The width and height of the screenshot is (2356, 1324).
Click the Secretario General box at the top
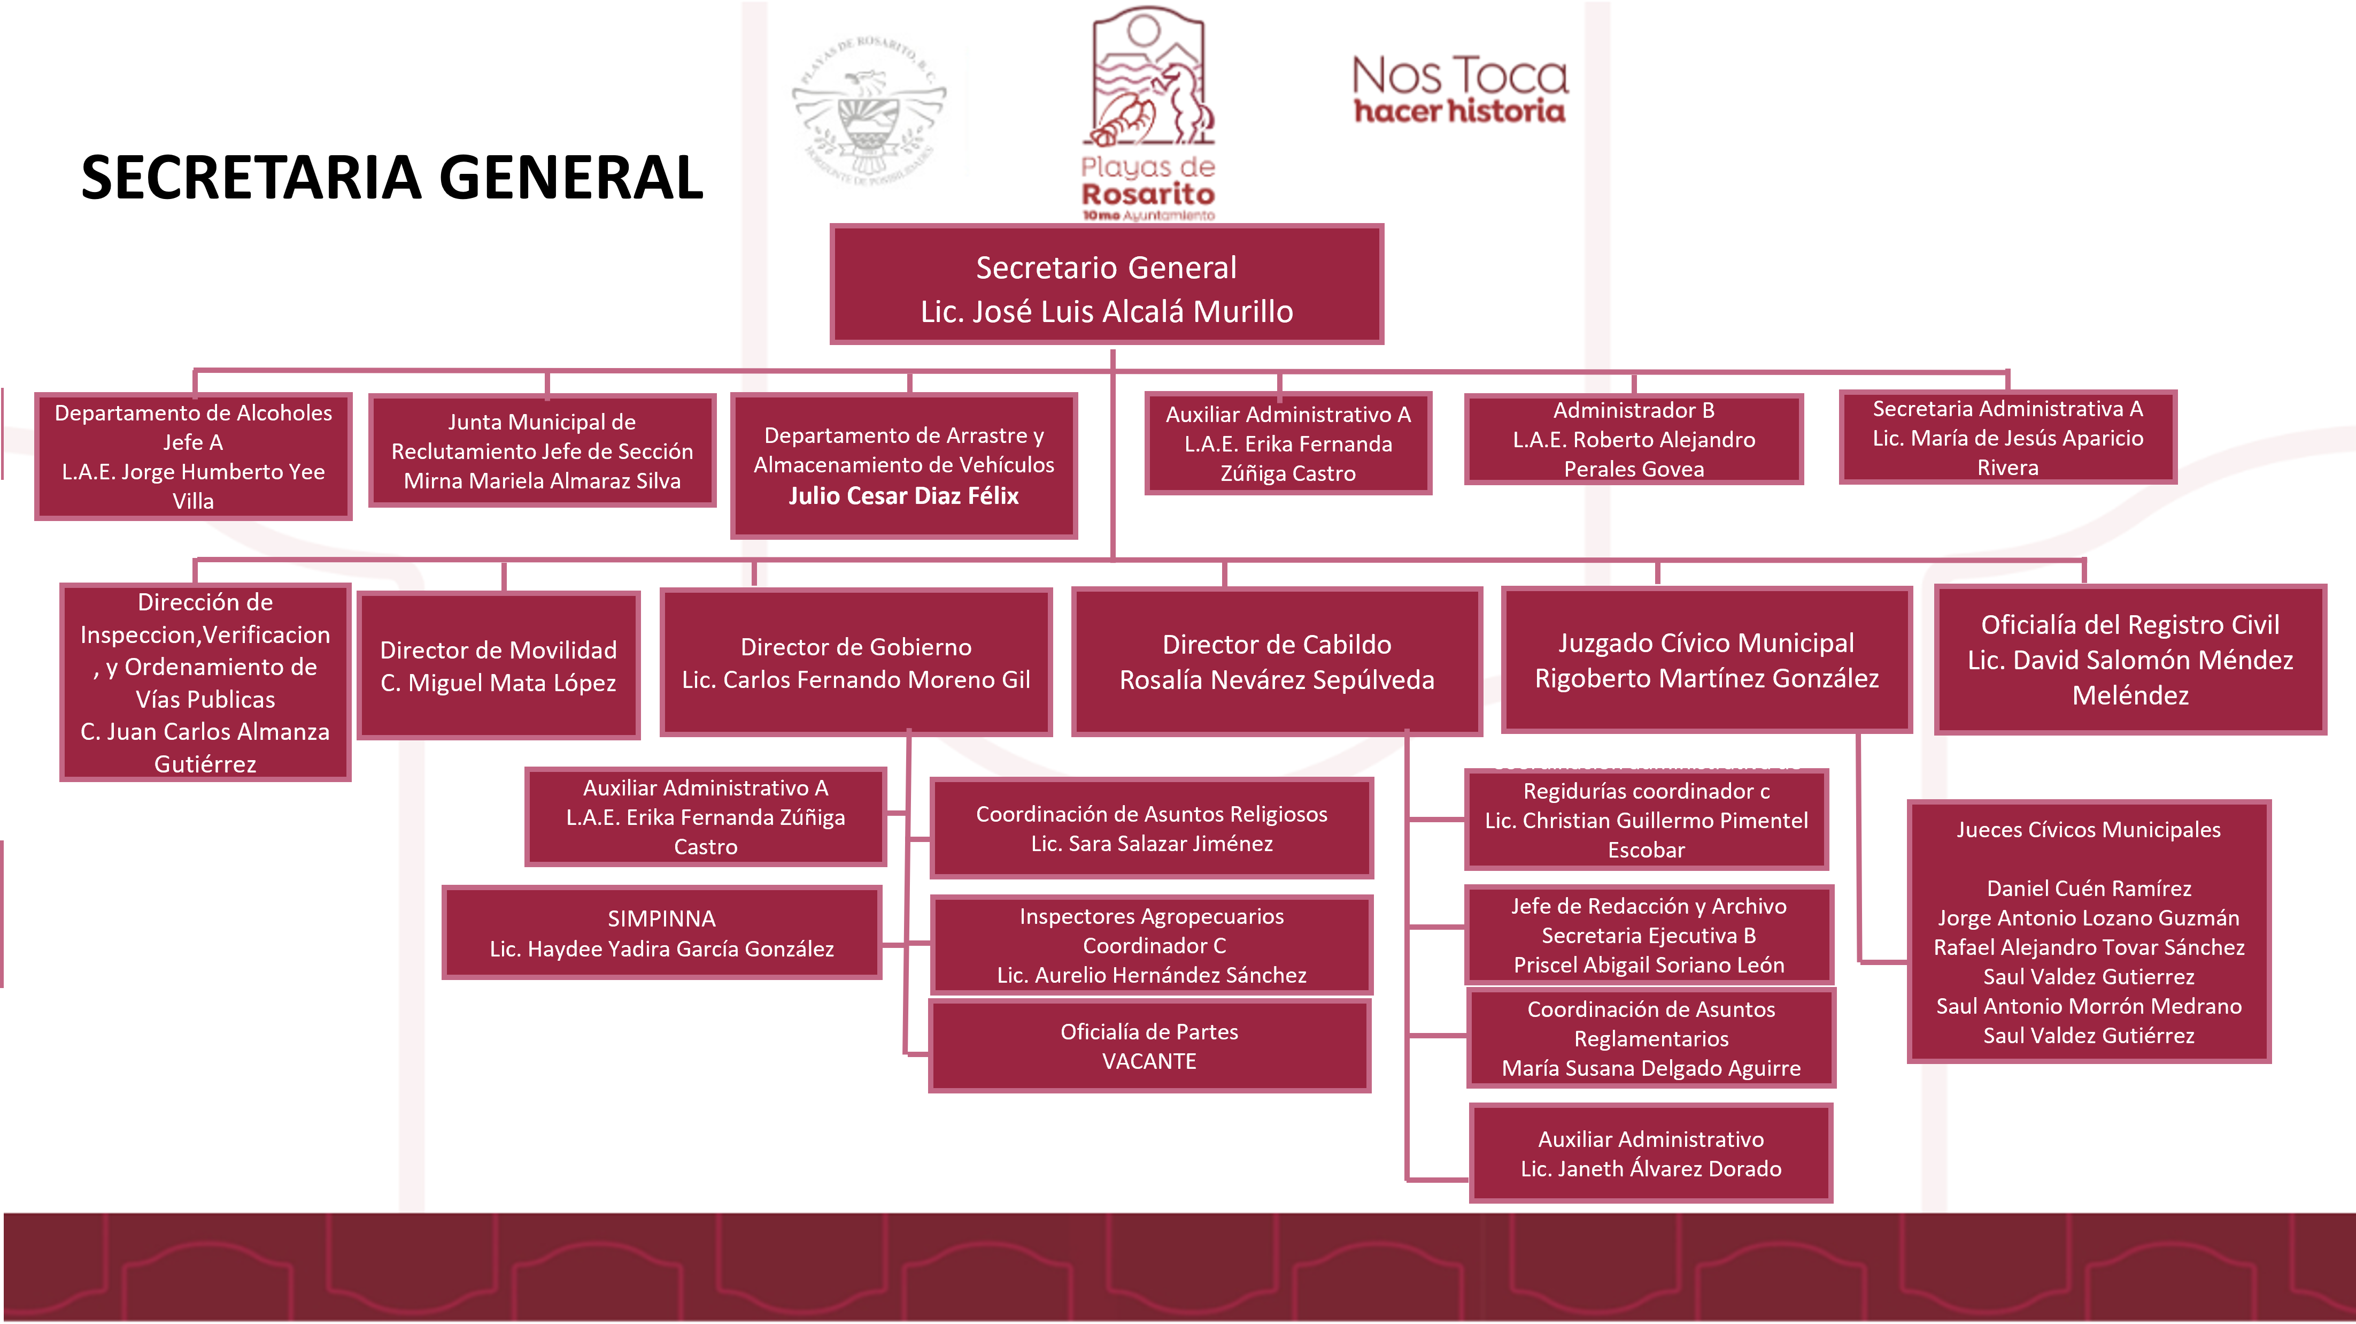1107,285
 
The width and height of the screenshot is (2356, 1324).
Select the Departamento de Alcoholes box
193,457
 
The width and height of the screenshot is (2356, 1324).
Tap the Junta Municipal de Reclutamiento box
542,451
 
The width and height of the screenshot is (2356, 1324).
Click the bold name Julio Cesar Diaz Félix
903,496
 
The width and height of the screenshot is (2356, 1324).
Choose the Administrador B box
1633,439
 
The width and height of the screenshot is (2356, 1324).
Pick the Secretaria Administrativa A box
2007,438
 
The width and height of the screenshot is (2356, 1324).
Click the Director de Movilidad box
498,665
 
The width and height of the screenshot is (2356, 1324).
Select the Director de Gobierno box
856,662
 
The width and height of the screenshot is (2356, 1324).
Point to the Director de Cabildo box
1277,662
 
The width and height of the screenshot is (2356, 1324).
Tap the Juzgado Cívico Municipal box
1706,660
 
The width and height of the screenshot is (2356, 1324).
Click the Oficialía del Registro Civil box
2130,660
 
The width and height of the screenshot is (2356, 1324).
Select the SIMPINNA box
661,932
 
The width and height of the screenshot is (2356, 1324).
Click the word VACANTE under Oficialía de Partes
1149,1061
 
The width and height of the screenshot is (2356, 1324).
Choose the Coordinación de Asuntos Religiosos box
1152,828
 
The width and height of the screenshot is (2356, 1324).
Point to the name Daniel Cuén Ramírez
2089,889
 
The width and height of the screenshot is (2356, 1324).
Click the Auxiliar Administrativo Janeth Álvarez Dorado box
1651,1154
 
